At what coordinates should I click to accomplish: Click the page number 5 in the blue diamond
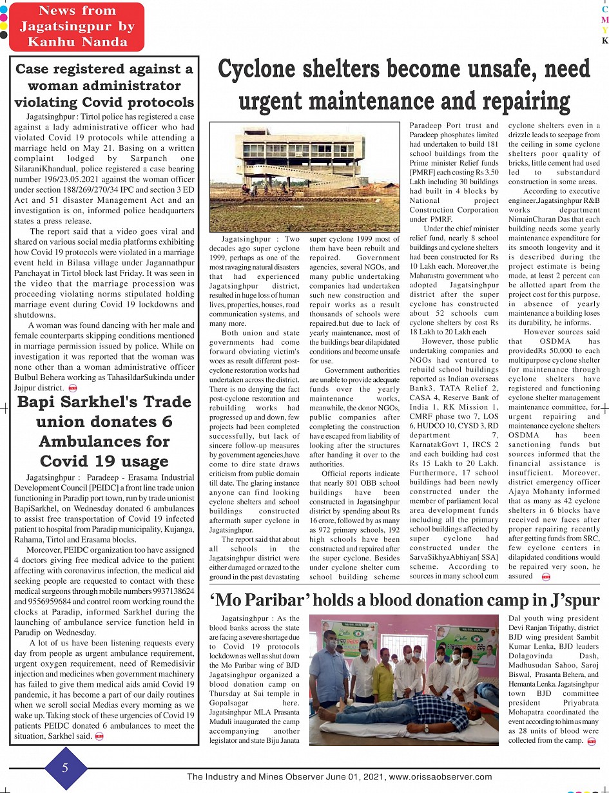pos(65,768)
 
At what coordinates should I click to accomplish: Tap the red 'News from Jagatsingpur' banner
pos(77,26)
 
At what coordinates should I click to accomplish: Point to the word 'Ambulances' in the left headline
pos(104,442)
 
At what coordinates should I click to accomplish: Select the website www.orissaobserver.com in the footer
pos(440,777)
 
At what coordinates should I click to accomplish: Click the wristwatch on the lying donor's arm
pos(425,728)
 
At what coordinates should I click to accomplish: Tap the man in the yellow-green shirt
pos(383,673)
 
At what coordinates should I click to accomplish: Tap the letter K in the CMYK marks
pos(604,41)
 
